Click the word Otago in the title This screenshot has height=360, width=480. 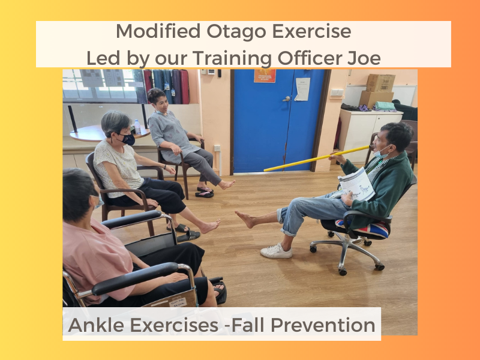point(236,32)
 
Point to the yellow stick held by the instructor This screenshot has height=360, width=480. point(317,158)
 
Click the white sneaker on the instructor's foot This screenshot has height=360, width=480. point(276,251)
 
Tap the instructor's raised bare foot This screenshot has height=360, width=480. point(245,218)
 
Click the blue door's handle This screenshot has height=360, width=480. point(287,98)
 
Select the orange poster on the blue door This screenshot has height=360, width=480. point(265,76)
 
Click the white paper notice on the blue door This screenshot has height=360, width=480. point(302,89)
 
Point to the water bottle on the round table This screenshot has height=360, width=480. point(137,127)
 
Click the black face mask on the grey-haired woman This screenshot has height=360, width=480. point(127,139)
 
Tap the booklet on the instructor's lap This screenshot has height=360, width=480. point(356,185)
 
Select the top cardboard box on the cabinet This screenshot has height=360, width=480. point(380,83)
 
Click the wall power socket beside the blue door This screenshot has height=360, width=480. point(217,148)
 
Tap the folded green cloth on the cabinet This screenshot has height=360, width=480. point(385,106)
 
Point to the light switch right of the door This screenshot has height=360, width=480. point(337,92)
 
